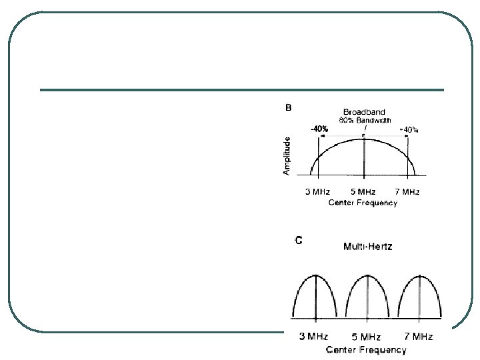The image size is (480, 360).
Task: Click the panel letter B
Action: tap(289, 108)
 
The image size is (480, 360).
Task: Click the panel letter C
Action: tap(298, 241)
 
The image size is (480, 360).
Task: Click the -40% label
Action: tap(319, 129)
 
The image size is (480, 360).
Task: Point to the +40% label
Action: tap(408, 129)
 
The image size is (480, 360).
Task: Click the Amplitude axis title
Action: tap(287, 156)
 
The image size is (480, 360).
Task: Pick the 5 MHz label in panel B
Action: tap(364, 193)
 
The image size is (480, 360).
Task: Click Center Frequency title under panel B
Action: tap(363, 203)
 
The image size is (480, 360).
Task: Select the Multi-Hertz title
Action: tap(368, 247)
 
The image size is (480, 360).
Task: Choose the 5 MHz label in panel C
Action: tap(367, 337)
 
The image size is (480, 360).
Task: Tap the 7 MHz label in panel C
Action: tap(419, 337)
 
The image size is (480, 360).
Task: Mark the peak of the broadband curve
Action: tap(363, 139)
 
